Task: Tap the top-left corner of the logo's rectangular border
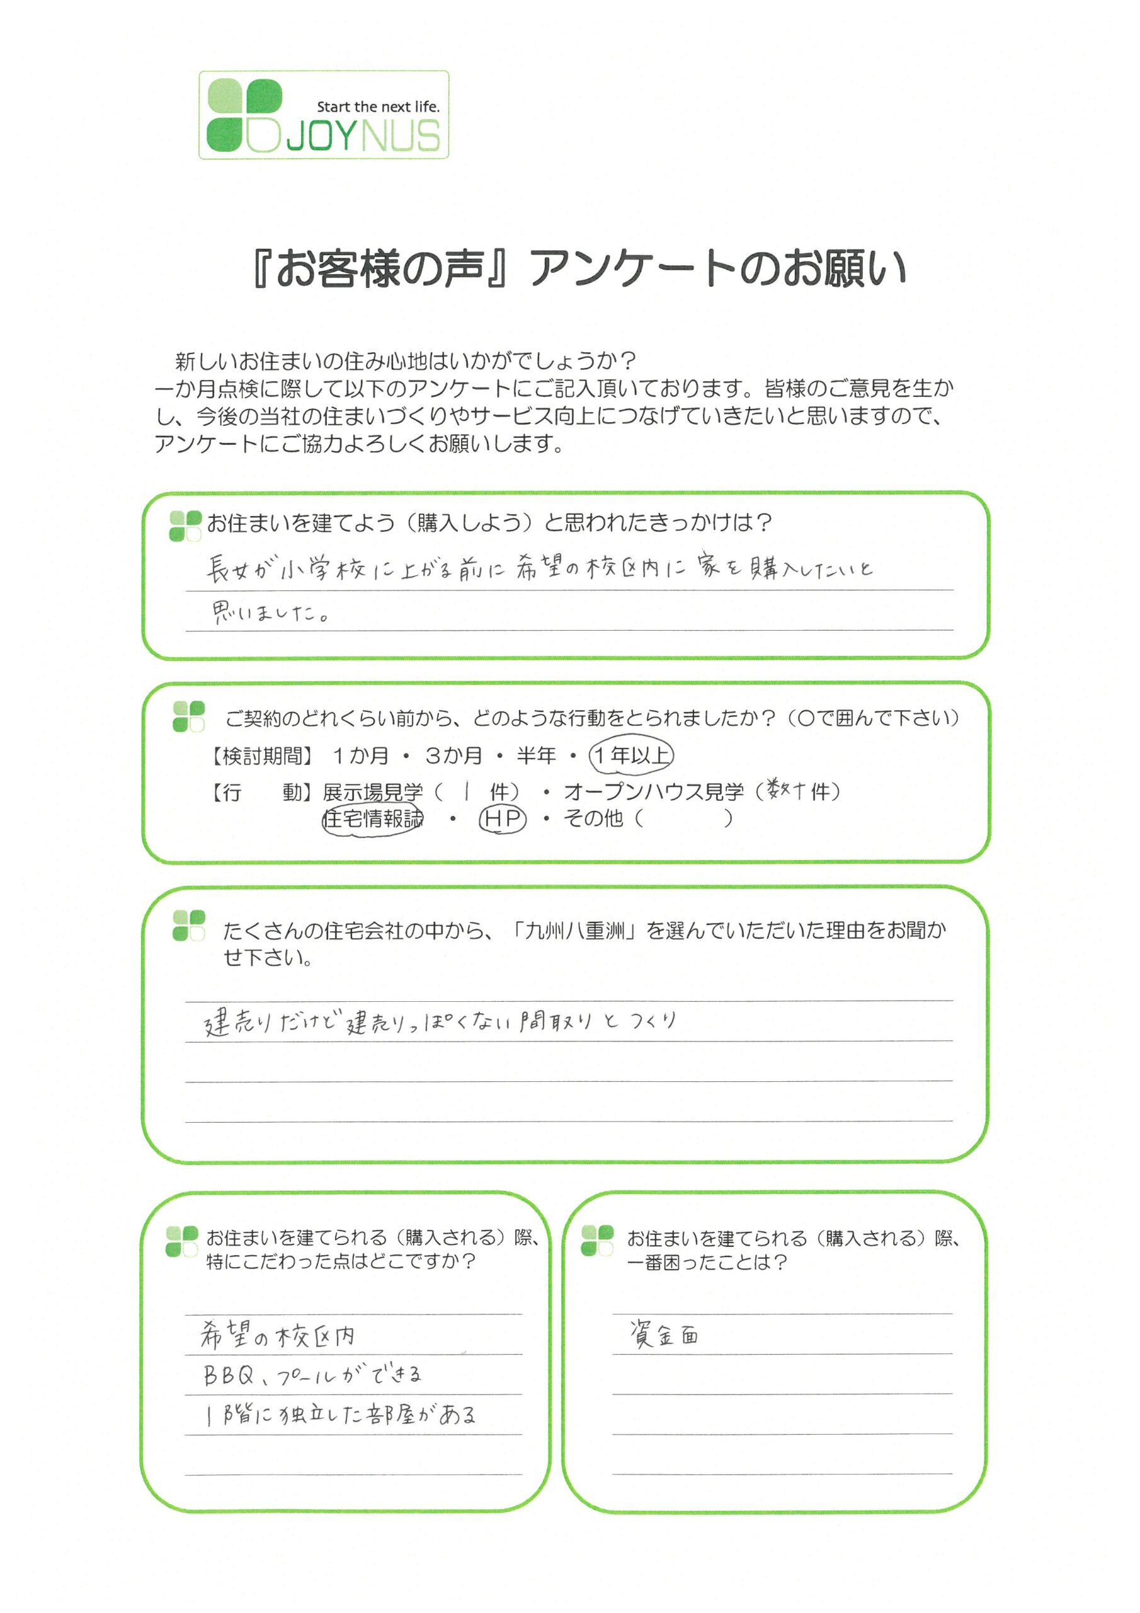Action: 200,71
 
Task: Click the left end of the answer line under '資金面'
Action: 612,1353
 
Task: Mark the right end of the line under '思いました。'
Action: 953,630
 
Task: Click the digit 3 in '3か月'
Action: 433,756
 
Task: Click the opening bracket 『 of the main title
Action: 261,269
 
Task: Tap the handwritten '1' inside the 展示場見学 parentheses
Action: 465,793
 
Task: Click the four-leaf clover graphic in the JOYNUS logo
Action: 244,115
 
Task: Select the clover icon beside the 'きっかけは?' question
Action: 185,526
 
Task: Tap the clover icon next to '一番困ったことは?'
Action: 598,1240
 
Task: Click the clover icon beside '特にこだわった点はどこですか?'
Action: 182,1241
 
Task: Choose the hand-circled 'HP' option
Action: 502,819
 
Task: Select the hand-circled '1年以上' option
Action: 630,755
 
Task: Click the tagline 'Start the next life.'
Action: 378,106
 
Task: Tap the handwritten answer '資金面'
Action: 664,1333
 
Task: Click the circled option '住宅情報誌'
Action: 373,819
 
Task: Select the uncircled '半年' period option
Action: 536,756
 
